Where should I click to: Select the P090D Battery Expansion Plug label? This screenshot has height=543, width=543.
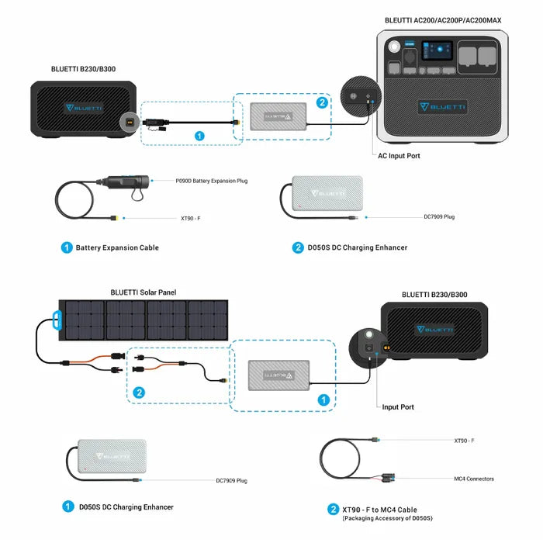pos(212,181)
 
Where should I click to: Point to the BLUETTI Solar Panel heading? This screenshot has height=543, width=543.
pos(144,292)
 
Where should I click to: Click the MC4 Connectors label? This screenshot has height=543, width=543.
pos(474,479)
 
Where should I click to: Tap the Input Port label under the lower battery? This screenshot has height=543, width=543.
pos(398,406)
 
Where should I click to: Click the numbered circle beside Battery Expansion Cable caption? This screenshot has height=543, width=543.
pos(67,247)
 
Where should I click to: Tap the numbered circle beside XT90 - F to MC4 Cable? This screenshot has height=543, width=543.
pos(333,510)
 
